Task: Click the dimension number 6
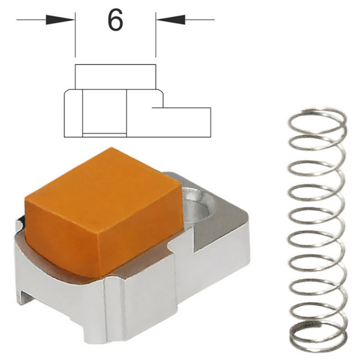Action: click(x=115, y=20)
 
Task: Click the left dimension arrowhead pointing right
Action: click(x=60, y=20)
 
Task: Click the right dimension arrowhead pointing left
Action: click(x=171, y=20)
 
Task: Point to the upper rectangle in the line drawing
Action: click(x=116, y=77)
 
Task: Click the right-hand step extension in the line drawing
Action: click(x=181, y=122)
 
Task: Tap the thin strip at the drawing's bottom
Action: click(x=104, y=135)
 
